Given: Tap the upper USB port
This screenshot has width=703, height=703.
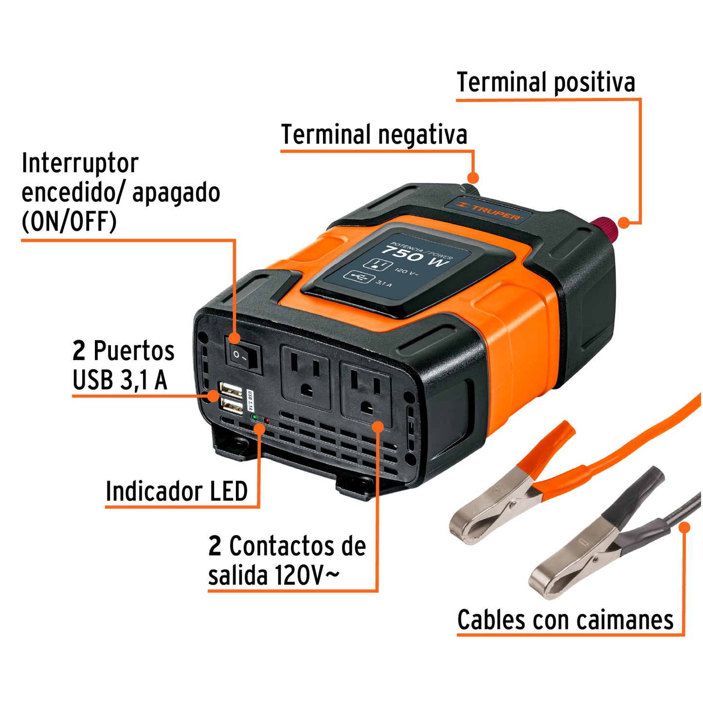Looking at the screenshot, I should pyautogui.click(x=231, y=390).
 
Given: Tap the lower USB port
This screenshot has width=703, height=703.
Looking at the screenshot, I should pyautogui.click(x=232, y=406).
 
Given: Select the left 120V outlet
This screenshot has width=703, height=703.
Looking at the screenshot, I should pyautogui.click(x=306, y=377).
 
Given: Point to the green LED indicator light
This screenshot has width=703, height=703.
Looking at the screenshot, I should pyautogui.click(x=254, y=417).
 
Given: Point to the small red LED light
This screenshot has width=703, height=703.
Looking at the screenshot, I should pyautogui.click(x=266, y=420).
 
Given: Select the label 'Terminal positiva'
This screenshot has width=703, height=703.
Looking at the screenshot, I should pyautogui.click(x=545, y=82).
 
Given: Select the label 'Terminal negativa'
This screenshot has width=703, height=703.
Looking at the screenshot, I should pyautogui.click(x=374, y=135).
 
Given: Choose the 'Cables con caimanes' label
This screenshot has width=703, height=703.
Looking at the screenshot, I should pyautogui.click(x=565, y=620).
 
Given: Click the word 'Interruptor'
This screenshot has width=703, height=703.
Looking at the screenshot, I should pyautogui.click(x=80, y=163).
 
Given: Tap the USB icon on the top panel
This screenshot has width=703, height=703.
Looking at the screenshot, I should pyautogui.click(x=359, y=277).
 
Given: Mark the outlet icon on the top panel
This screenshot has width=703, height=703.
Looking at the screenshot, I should pyautogui.click(x=378, y=264).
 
